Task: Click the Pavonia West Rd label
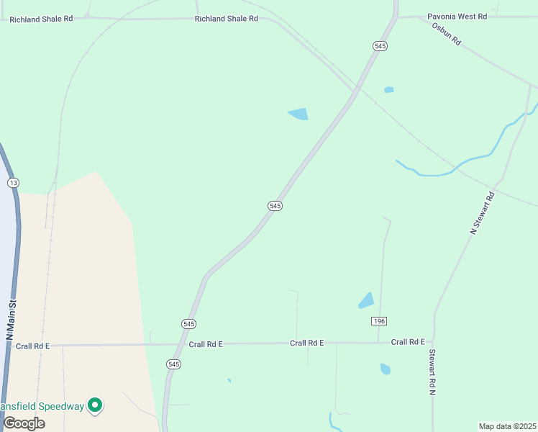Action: pos(457,15)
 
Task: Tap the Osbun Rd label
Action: pos(446,34)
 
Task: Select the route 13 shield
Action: pos(13,183)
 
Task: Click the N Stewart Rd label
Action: pos(483,212)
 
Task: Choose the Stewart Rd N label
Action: pos(432,372)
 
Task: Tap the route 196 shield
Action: pos(379,320)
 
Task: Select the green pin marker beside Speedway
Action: pos(95,406)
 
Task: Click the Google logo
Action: pos(24,423)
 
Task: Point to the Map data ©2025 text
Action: pos(508,426)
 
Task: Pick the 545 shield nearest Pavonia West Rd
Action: pos(380,46)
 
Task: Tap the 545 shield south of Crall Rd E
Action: pos(173,364)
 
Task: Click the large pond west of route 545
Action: pos(298,114)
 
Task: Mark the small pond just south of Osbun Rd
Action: pos(389,90)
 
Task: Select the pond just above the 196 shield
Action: pos(367,300)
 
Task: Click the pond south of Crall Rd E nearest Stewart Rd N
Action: pos(386,369)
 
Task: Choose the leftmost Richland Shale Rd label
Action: pos(41,19)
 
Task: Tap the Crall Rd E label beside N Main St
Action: pos(32,346)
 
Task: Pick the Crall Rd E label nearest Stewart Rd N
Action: pos(408,342)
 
